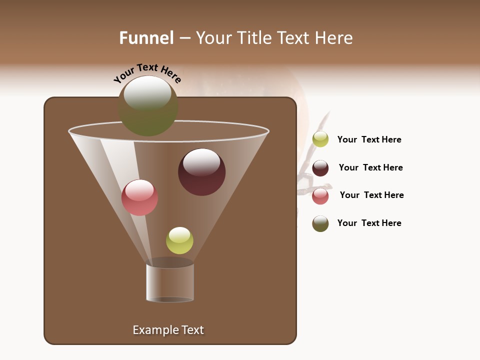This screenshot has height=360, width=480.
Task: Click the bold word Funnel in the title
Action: click(x=146, y=38)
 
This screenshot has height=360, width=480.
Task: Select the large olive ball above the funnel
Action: click(x=148, y=106)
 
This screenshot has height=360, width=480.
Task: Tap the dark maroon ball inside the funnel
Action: click(x=201, y=172)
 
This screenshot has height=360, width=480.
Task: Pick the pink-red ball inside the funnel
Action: click(x=139, y=197)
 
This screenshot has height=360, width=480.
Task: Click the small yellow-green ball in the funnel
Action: click(x=179, y=240)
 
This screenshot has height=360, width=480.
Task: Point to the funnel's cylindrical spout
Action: click(x=170, y=283)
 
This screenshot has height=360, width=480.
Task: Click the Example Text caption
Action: click(x=168, y=330)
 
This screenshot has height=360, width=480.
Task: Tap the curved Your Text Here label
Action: click(x=147, y=73)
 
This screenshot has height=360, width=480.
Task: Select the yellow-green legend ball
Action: click(x=320, y=139)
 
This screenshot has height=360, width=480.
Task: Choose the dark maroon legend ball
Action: click(x=320, y=168)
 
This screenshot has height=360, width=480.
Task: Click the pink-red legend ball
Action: click(x=320, y=196)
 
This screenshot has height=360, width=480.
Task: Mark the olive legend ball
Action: click(x=320, y=223)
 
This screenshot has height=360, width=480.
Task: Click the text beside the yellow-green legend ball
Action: click(x=369, y=139)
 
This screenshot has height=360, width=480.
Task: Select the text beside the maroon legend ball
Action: click(x=370, y=167)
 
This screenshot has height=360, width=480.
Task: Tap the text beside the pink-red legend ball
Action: click(x=371, y=195)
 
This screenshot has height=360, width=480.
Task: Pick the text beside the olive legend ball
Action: click(x=369, y=223)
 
